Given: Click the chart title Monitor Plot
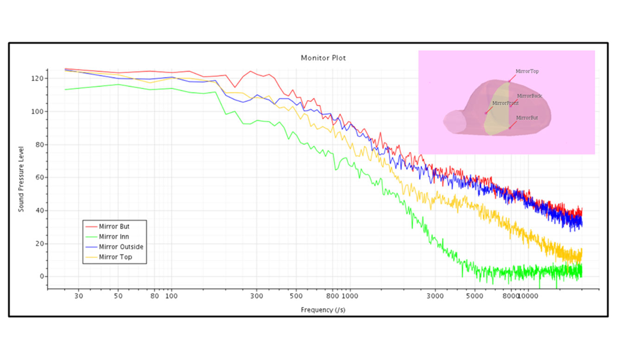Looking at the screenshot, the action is click(323, 58).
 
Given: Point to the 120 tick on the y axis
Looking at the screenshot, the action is click(37, 78).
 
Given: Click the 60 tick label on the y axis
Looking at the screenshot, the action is click(40, 177).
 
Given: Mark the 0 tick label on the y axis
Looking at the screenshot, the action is click(42, 276).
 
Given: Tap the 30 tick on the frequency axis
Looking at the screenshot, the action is click(79, 296).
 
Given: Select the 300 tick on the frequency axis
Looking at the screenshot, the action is click(257, 296).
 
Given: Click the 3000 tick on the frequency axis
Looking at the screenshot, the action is click(435, 296).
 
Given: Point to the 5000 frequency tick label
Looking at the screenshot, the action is click(475, 296).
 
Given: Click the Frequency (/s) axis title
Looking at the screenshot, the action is click(323, 310).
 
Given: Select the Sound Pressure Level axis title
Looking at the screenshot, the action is click(21, 179).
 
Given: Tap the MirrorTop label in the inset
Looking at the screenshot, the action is click(527, 71).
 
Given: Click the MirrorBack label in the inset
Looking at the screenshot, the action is click(529, 96).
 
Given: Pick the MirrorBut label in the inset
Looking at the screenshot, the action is click(527, 118).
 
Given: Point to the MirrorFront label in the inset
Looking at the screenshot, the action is click(506, 103).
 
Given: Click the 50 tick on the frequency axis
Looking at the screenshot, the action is click(118, 296).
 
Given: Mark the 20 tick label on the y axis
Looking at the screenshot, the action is click(40, 244).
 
